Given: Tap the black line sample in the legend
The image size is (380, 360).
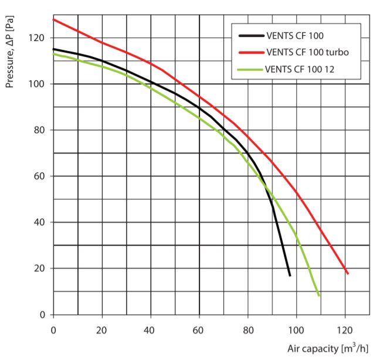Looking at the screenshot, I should point(250,36).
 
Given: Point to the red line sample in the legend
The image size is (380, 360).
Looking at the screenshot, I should point(250,52).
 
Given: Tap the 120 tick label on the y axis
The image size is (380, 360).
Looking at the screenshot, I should point(39,38).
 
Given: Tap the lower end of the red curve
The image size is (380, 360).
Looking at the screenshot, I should point(348,274).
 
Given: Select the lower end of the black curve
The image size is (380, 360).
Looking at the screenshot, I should point(290,276).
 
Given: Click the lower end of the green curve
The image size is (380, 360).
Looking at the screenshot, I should point(319,296).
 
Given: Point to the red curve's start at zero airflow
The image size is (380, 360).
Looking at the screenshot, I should point(53,19).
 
